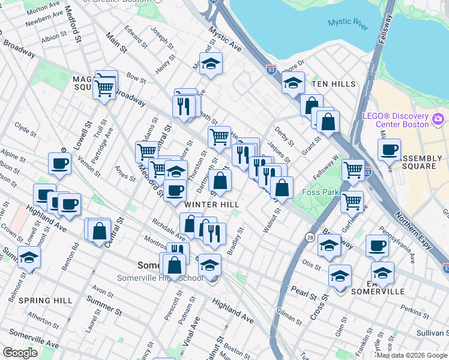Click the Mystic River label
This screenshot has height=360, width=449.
[348, 23]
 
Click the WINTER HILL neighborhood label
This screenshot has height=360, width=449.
[208, 204]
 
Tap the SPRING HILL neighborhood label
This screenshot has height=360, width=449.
[37, 300]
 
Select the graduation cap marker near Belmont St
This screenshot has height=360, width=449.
[29, 257]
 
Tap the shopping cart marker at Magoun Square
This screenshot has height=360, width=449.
[104, 88]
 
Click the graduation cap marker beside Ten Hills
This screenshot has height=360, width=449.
[293, 83]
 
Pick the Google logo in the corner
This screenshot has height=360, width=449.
[20, 353]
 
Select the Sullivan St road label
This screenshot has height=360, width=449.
[432, 331]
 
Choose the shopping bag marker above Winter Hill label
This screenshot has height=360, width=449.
[220, 180]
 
